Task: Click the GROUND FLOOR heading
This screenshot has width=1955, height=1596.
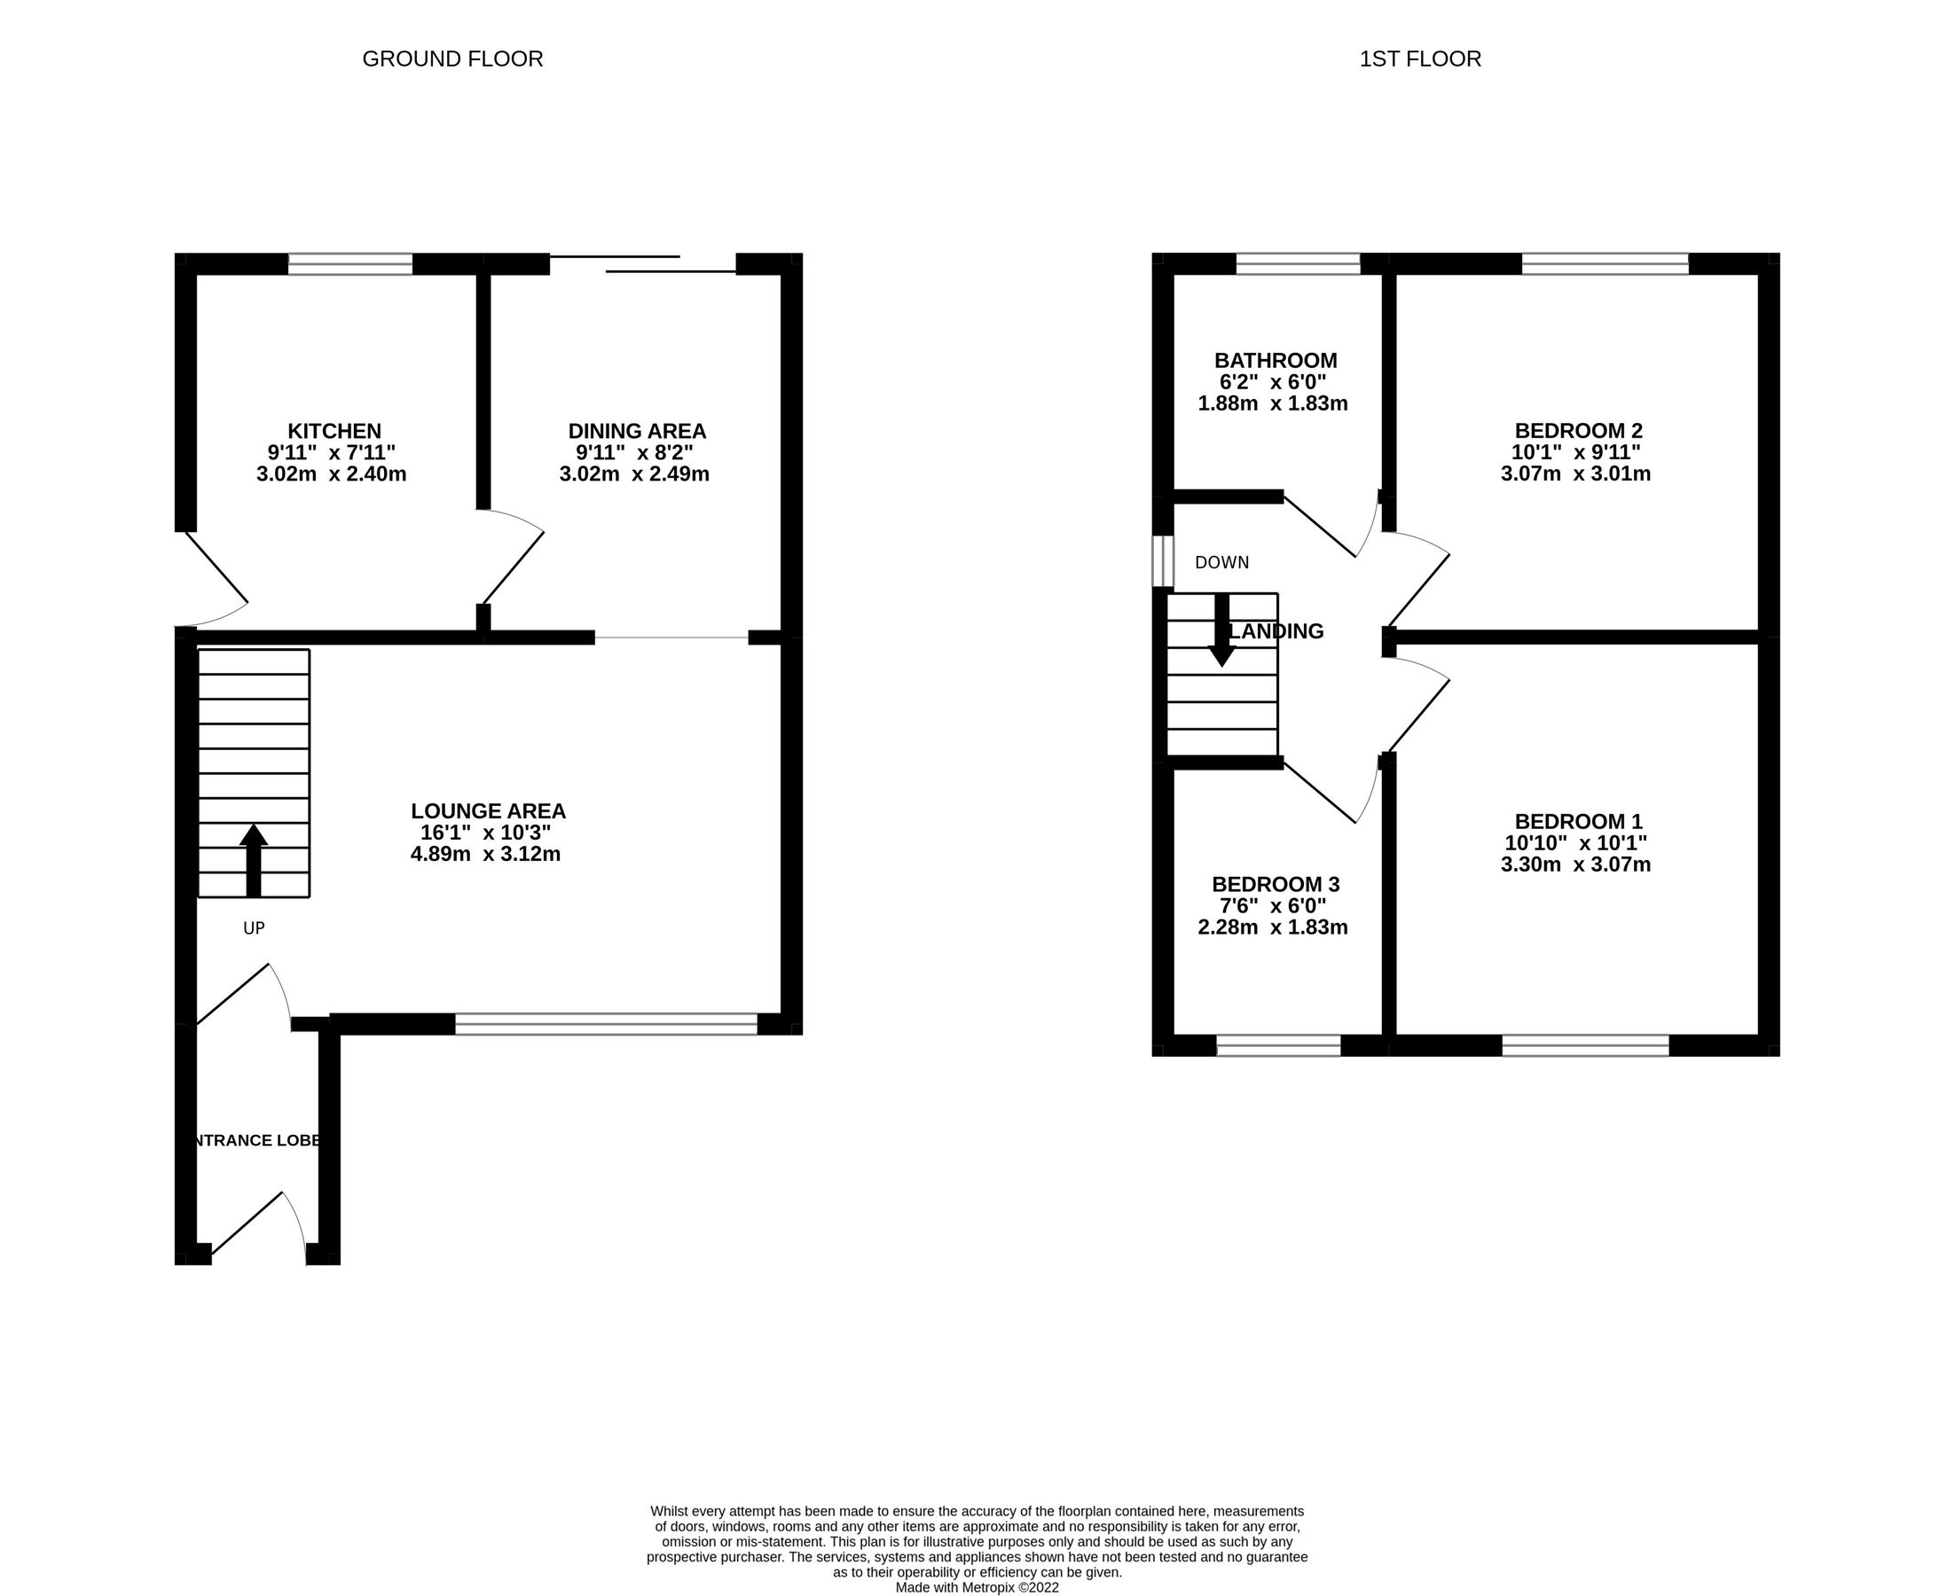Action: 452,59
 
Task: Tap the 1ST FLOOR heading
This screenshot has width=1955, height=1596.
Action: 1420,59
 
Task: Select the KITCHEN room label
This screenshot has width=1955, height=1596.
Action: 334,431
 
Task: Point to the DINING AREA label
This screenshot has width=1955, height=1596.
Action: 636,431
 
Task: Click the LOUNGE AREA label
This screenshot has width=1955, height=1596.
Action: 487,811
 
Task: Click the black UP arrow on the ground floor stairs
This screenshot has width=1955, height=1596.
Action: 254,858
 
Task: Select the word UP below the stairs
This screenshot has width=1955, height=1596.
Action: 254,928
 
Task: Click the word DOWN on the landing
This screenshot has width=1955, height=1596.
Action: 1221,563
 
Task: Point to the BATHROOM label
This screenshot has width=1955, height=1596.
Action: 1275,360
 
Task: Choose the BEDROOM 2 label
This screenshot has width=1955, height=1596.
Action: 1578,430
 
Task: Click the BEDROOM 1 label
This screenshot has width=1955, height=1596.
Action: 1578,821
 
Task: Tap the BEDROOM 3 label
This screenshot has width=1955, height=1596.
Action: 1275,884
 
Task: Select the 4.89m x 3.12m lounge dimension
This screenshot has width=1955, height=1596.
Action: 485,854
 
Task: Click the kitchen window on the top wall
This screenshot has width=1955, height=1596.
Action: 350,265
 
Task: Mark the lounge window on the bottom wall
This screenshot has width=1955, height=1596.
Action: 606,1024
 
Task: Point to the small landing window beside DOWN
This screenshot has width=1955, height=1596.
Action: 1163,560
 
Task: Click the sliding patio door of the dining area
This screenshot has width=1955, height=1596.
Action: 643,265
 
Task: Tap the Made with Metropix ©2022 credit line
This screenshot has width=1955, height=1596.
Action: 977,1588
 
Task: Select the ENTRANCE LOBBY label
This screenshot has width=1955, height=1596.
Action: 255,1141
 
